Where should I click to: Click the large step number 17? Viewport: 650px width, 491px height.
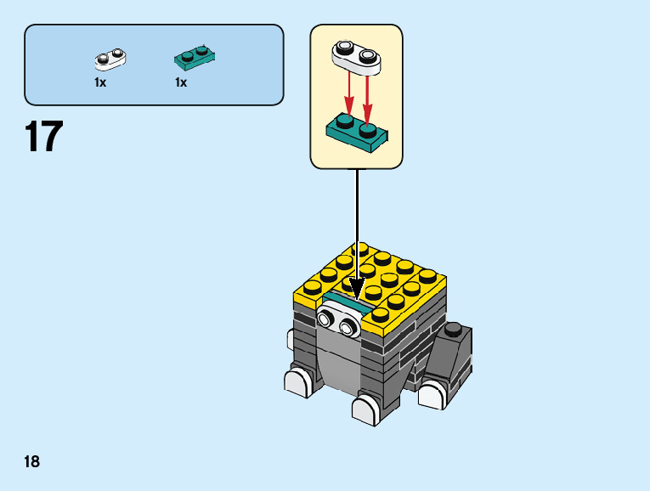(44, 137)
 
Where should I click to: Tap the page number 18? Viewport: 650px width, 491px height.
(32, 462)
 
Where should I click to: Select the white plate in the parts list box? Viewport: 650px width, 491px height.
(110, 59)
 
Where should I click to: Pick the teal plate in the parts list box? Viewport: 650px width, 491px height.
(194, 57)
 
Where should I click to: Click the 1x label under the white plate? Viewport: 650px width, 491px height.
(100, 82)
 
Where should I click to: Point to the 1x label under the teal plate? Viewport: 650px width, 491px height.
(181, 82)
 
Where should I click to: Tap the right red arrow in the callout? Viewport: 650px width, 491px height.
(368, 95)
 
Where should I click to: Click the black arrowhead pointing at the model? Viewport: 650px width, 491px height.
(356, 291)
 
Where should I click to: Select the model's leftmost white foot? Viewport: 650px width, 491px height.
(297, 381)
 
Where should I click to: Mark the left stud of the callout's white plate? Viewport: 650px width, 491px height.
(345, 47)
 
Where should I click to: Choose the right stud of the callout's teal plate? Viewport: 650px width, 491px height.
(368, 130)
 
